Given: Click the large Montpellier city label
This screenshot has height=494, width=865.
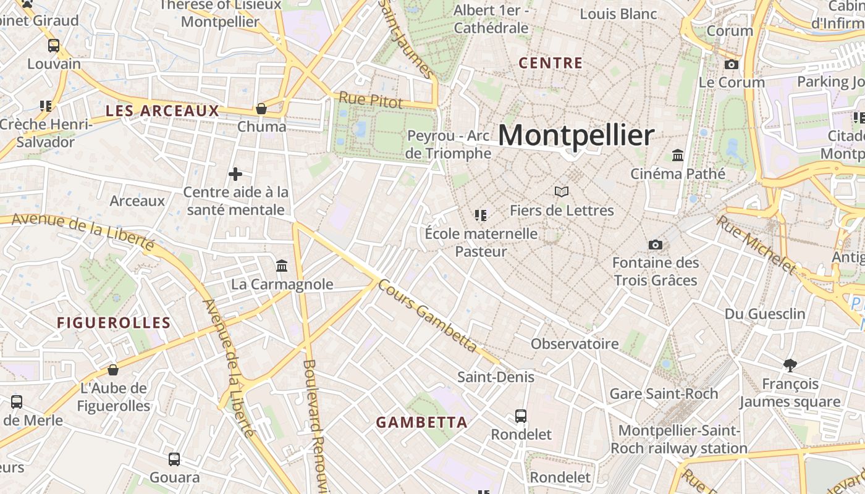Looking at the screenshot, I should (576, 135).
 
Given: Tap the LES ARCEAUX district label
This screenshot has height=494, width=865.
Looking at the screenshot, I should (162, 111).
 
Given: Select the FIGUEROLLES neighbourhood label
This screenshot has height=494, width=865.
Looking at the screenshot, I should (114, 323).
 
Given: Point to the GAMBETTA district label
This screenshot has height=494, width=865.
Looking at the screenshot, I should (421, 423).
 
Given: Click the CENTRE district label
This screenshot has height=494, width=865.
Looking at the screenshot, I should (551, 63).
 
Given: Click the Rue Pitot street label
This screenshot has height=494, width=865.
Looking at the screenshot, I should (371, 99).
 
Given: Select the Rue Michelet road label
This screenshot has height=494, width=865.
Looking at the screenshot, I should (756, 245).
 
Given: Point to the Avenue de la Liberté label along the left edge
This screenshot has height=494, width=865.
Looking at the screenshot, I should (83, 231).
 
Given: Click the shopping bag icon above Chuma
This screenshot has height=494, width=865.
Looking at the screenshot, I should (261, 109).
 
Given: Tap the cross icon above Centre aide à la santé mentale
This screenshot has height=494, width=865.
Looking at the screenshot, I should (235, 174).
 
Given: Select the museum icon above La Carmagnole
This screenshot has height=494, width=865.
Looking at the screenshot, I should (282, 266).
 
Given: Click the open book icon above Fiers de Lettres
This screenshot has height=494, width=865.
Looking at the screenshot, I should (562, 192).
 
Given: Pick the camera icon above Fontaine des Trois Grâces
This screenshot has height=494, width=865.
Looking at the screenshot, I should (656, 245).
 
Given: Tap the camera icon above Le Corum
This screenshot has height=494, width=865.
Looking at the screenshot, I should (731, 64).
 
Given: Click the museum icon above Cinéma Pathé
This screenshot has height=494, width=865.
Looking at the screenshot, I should (678, 156).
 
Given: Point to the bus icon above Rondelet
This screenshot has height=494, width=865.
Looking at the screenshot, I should (521, 416).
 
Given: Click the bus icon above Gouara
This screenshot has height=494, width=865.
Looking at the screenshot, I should (174, 459).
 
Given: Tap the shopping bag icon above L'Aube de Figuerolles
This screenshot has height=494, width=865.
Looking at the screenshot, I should (113, 370).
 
